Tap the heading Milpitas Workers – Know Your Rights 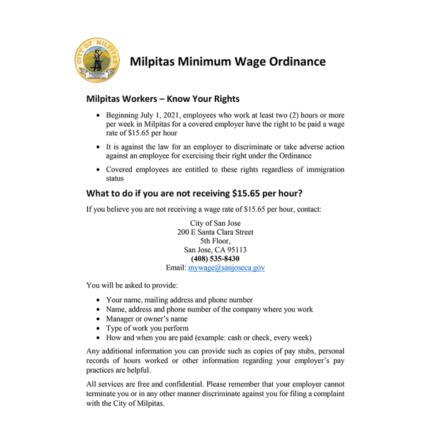coord(163,99)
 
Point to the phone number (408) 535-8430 coord(215,258)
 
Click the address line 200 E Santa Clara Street coord(215,232)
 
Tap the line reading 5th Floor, coord(215,241)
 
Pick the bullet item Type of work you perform coord(147,328)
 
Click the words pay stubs coord(276,351)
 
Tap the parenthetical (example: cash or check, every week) coord(253,337)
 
